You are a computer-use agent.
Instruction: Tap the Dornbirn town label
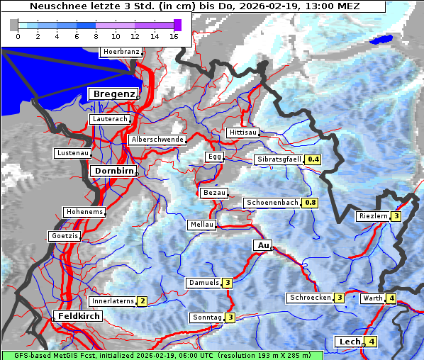point(113,171)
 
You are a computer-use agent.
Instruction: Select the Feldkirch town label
point(79,316)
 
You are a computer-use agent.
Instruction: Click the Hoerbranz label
point(121,52)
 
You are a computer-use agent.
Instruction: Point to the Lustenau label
point(72,153)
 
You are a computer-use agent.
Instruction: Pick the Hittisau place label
point(243,133)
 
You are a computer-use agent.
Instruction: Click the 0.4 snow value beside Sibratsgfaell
point(313,160)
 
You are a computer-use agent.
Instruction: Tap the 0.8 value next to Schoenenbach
point(310,203)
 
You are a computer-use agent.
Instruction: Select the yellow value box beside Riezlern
point(397,216)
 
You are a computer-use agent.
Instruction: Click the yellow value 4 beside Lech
point(372,342)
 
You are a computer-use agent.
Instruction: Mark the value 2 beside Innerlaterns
point(142,301)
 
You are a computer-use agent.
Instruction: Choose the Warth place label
point(372,298)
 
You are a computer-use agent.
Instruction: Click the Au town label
point(262,245)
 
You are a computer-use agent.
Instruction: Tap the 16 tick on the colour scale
point(174,36)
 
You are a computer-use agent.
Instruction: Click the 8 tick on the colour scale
point(96,36)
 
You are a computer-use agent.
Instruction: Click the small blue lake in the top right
point(383,40)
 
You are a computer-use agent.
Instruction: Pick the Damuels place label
point(203,283)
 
